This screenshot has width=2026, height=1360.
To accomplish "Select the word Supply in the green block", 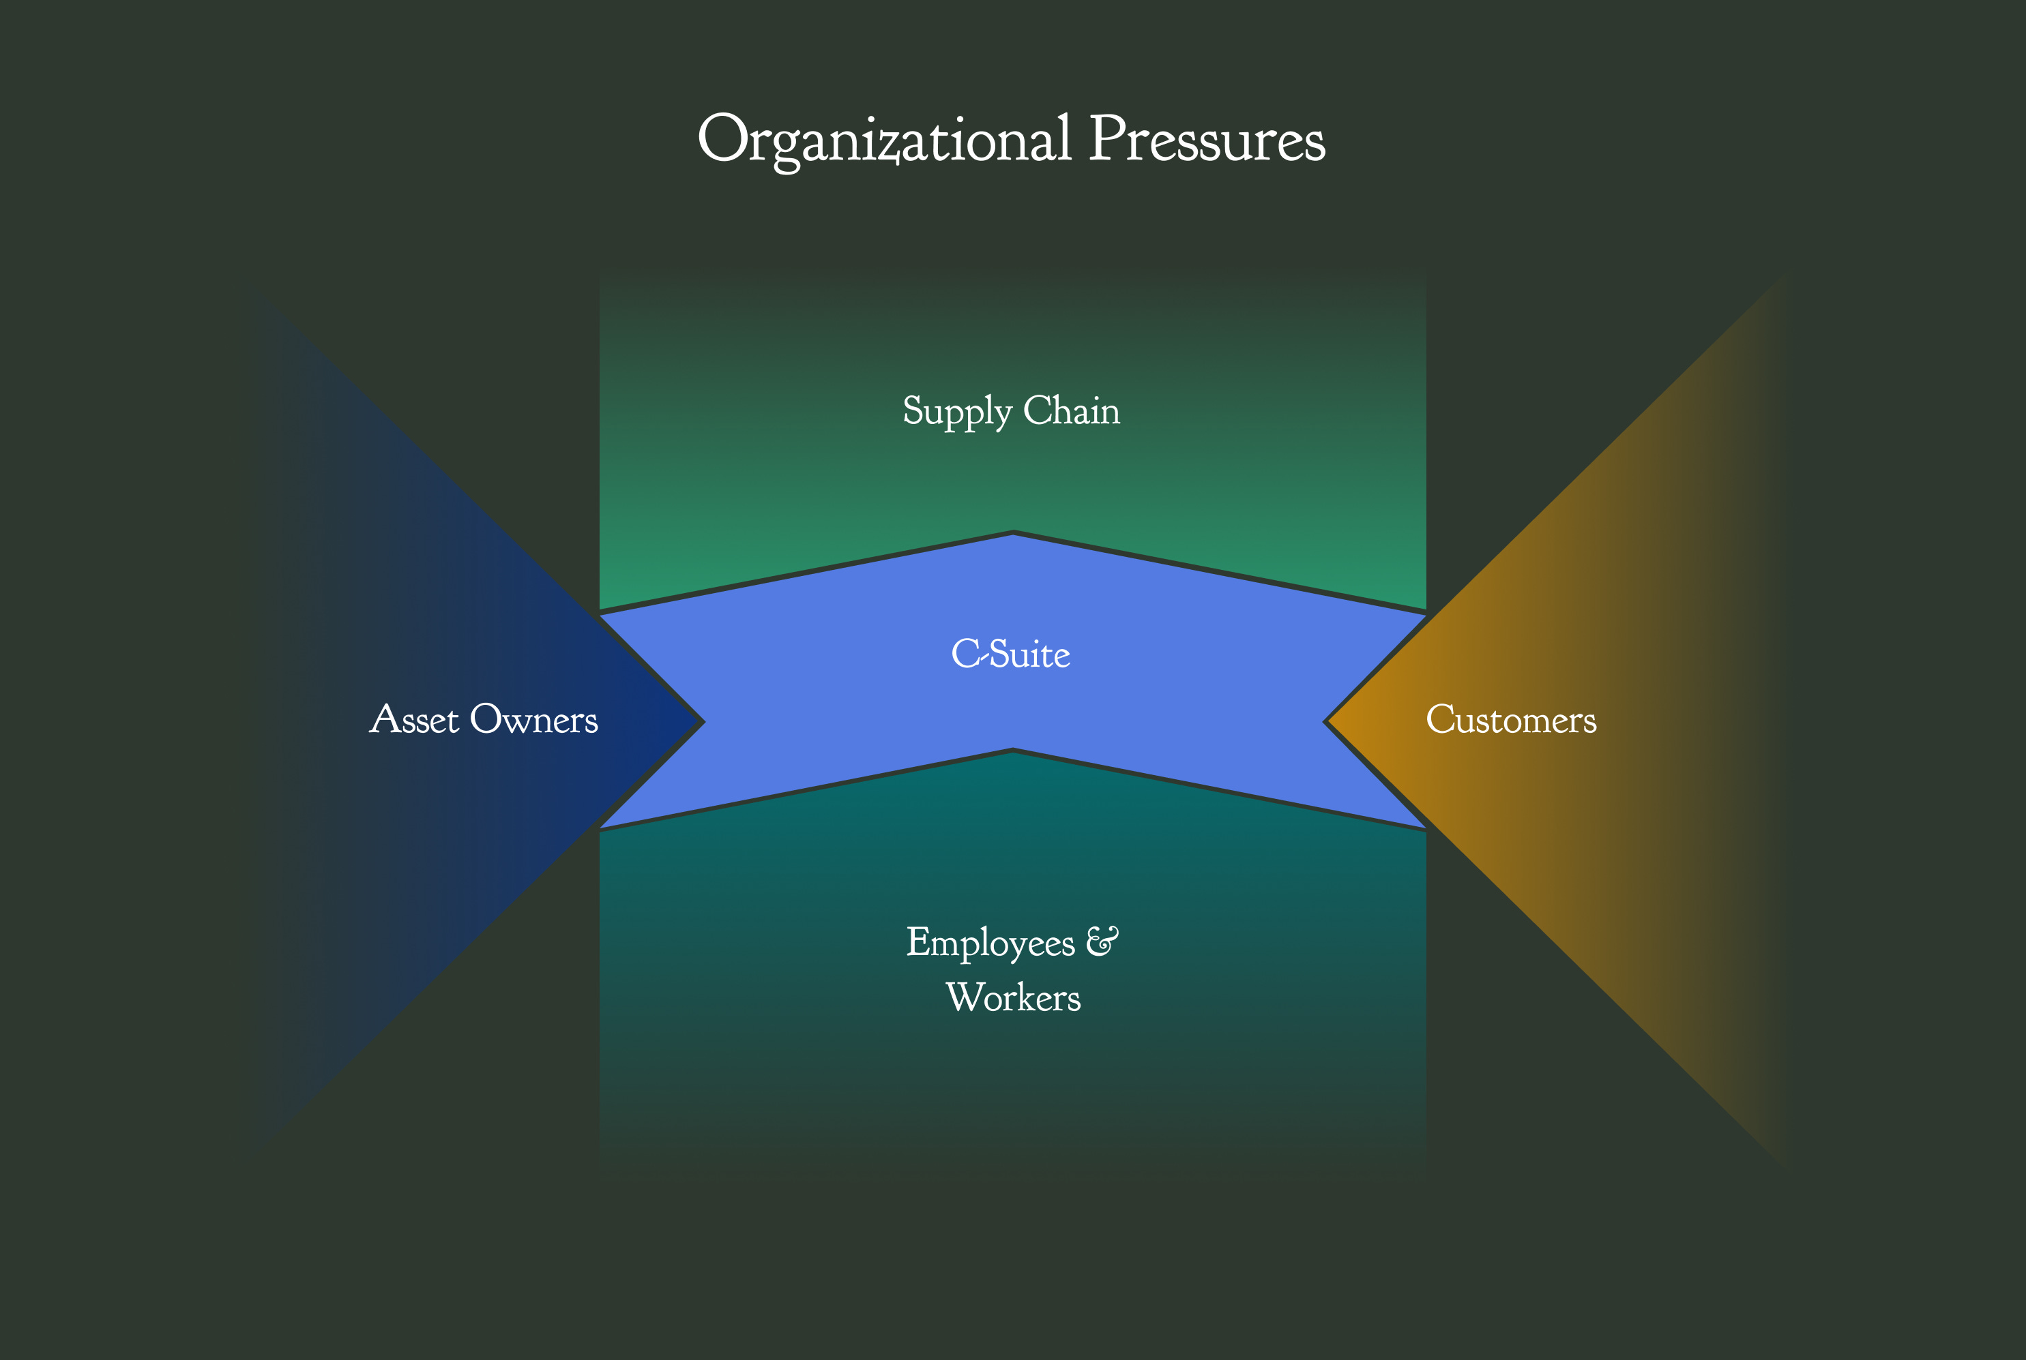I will [956, 410].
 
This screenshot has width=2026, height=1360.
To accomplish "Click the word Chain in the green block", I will [1072, 410].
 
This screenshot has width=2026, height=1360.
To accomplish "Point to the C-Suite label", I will [1011, 654].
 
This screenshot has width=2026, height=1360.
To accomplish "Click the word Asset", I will [414, 720].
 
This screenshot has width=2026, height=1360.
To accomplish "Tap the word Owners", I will [533, 720].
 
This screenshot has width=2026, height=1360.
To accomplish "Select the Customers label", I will [1510, 720].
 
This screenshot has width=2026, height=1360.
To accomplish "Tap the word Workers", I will [1012, 997].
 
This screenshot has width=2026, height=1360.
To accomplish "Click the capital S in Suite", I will [1001, 654].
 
